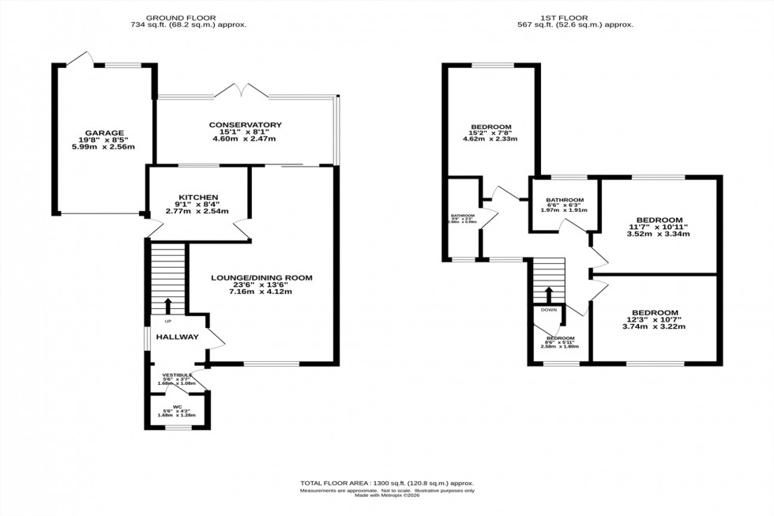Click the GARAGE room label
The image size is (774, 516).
[x=103, y=134]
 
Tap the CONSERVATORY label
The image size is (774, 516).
[x=246, y=125]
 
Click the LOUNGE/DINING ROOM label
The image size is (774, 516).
[x=261, y=277]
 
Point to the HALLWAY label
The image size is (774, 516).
[x=174, y=337]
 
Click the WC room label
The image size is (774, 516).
[x=178, y=406]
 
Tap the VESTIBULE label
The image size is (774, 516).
[x=178, y=375]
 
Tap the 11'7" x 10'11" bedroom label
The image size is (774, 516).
[x=657, y=227]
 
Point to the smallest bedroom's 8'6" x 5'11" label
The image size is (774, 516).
[x=559, y=341]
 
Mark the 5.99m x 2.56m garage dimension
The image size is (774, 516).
[x=103, y=147]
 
